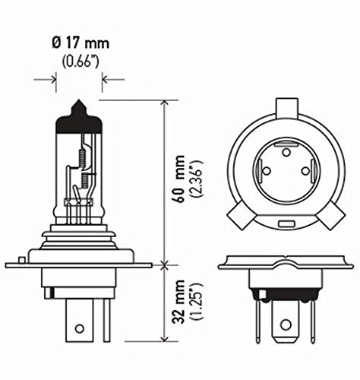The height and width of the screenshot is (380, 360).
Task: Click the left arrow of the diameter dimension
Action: tap(52, 78)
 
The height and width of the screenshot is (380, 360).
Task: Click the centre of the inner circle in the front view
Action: tap(286, 176)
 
